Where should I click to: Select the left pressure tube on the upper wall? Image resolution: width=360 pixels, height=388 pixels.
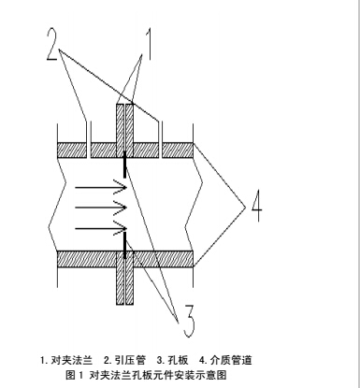[x=86, y=131]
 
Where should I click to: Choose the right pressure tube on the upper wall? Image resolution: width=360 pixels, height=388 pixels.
[x=162, y=131]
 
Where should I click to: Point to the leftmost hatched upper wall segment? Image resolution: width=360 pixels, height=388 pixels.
[x=70, y=150]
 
